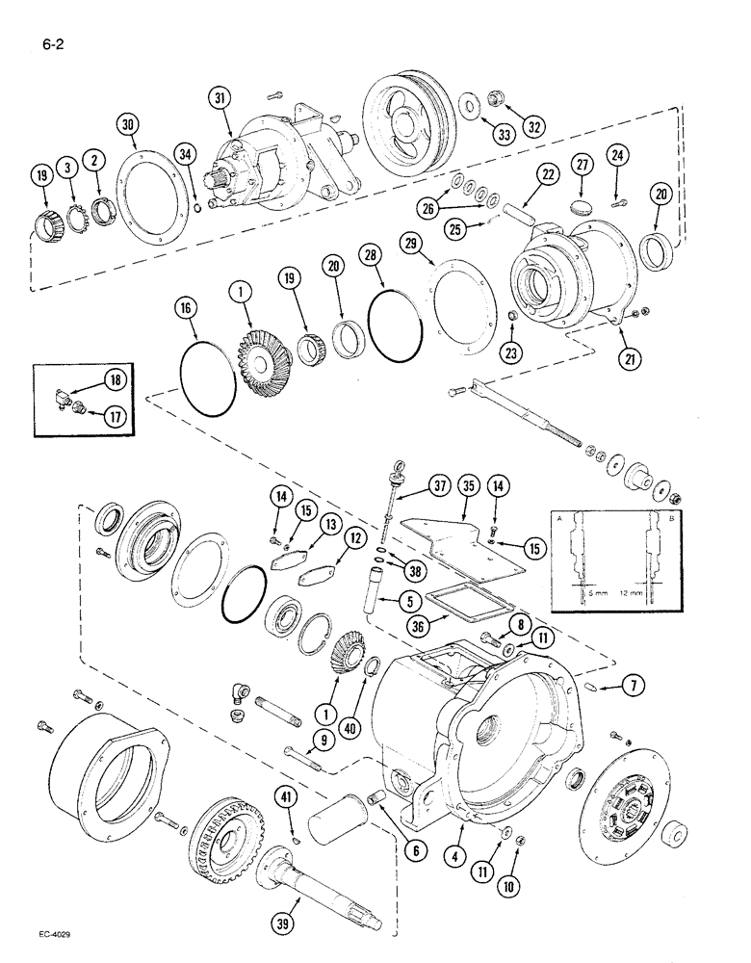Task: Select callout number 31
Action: pyautogui.click(x=220, y=99)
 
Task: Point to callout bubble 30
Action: pyautogui.click(x=128, y=124)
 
